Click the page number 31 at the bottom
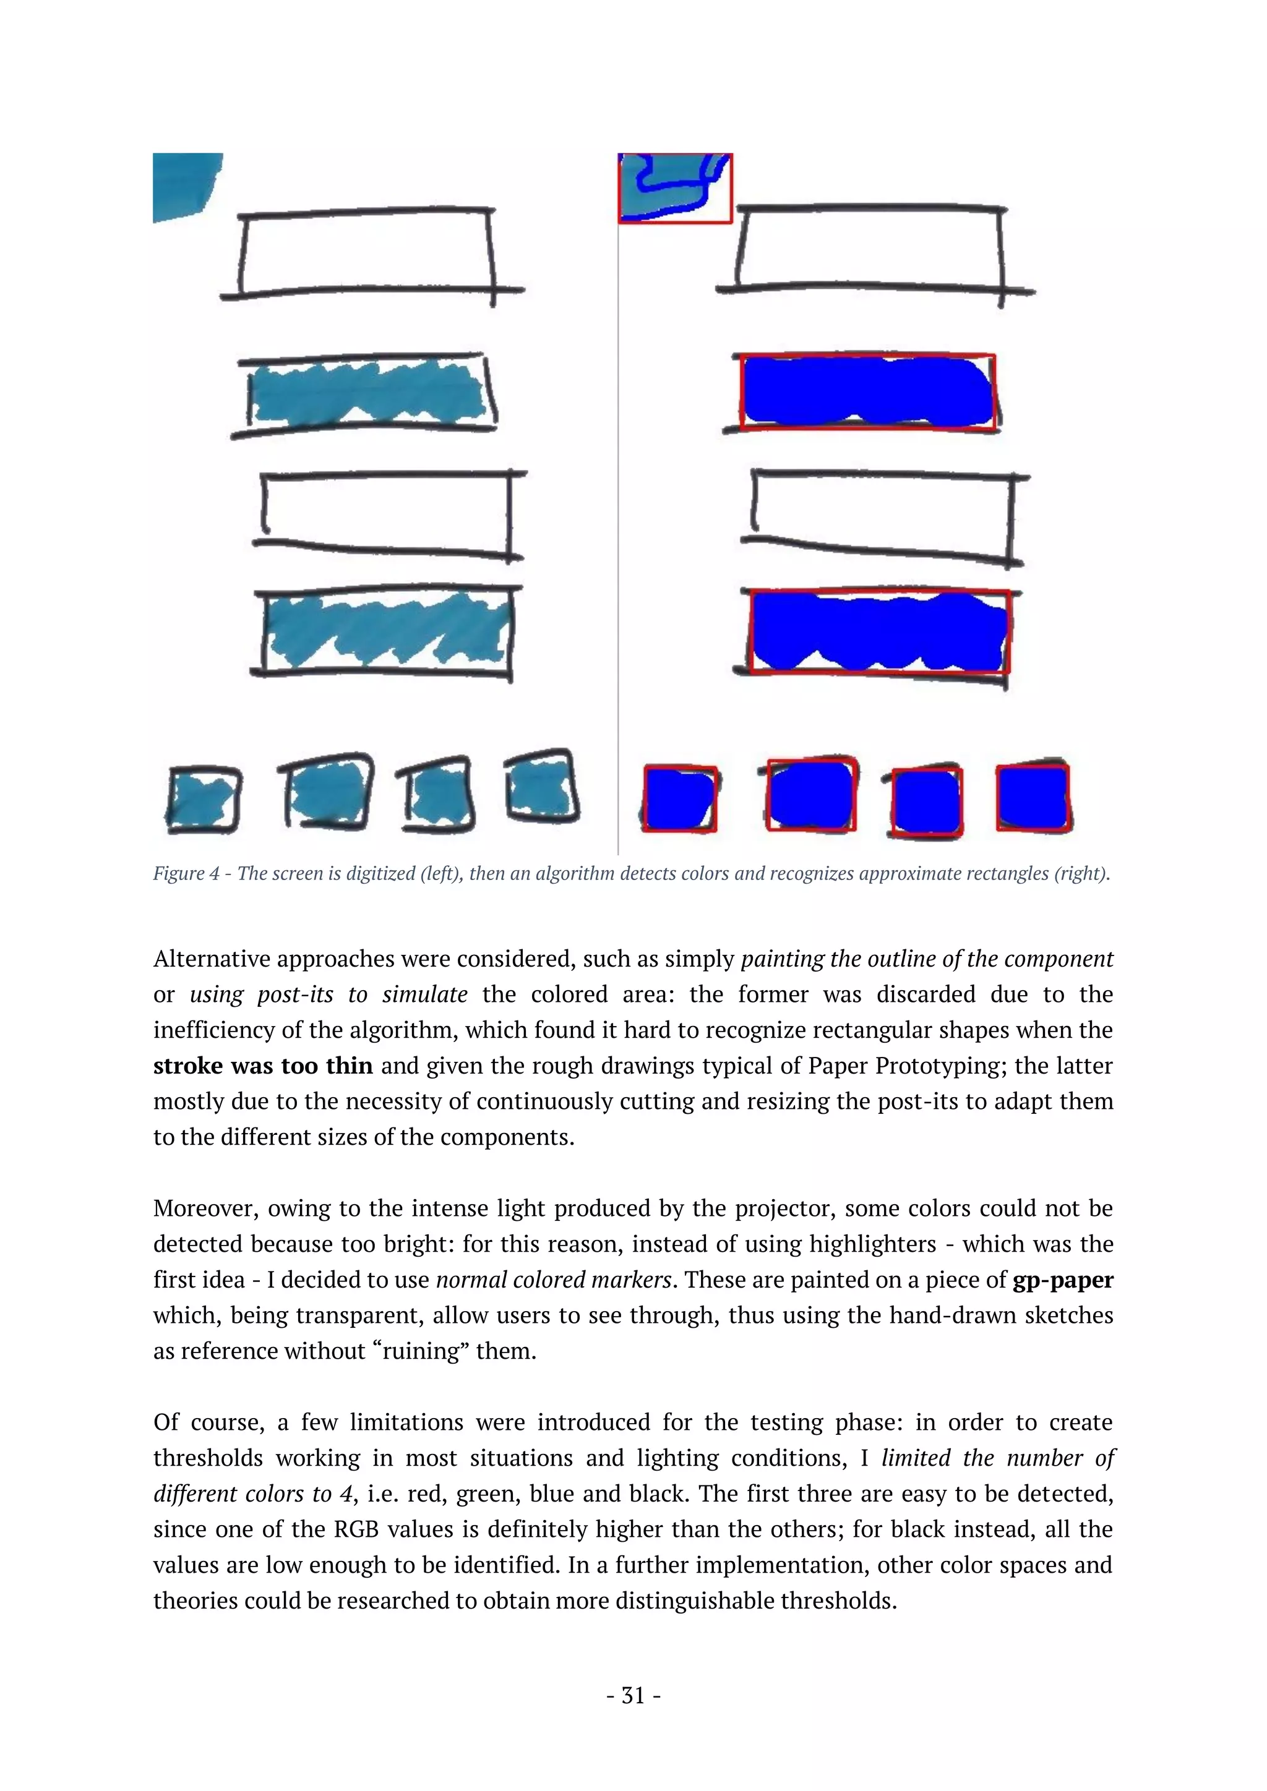(633, 1696)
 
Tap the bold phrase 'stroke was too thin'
(263, 1066)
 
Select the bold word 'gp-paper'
(1063, 1280)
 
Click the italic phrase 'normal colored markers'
(553, 1280)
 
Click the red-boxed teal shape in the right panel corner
(675, 188)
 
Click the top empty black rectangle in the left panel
(367, 253)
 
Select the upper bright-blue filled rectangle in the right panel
(867, 391)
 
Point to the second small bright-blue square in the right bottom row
(812, 796)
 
